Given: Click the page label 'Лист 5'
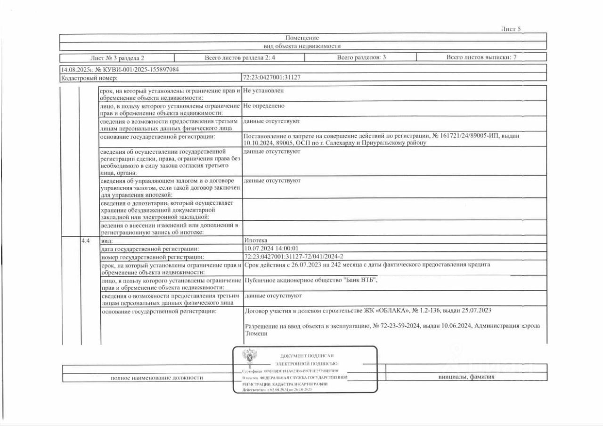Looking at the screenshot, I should [x=511, y=29].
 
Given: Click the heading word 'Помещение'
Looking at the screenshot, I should [x=302, y=38].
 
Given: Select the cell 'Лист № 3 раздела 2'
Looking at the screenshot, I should [x=117, y=58].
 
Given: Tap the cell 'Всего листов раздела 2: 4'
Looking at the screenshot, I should [x=239, y=58].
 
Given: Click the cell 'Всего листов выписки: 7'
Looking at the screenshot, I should [x=481, y=58].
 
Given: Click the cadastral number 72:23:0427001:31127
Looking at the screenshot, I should [x=272, y=78].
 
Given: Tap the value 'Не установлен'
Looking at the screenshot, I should [x=264, y=90].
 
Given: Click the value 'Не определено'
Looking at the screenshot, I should [x=264, y=106].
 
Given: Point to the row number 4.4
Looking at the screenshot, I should [x=85, y=241].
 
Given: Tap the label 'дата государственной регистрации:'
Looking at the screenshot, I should [x=150, y=249].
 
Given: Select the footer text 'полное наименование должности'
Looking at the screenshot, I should [x=157, y=378].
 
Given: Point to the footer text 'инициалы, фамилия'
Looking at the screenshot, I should [x=466, y=377].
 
